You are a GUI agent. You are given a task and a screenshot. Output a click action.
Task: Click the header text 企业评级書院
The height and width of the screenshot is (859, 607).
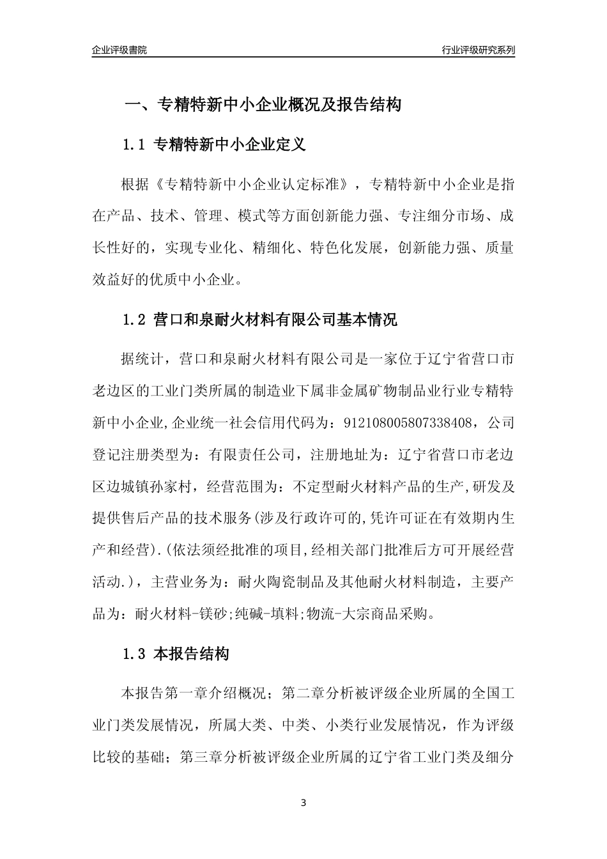tap(119, 50)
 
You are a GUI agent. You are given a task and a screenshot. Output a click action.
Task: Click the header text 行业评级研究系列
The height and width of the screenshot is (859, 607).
tap(478, 50)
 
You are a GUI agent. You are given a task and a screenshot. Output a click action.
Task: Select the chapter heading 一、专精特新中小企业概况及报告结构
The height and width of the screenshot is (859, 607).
tap(262, 105)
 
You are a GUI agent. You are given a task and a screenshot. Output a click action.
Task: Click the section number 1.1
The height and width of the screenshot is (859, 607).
tap(134, 145)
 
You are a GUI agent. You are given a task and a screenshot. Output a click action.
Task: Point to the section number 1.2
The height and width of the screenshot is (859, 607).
tap(134, 320)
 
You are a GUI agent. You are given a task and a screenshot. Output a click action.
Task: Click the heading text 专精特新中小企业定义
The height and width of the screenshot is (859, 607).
tap(231, 145)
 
